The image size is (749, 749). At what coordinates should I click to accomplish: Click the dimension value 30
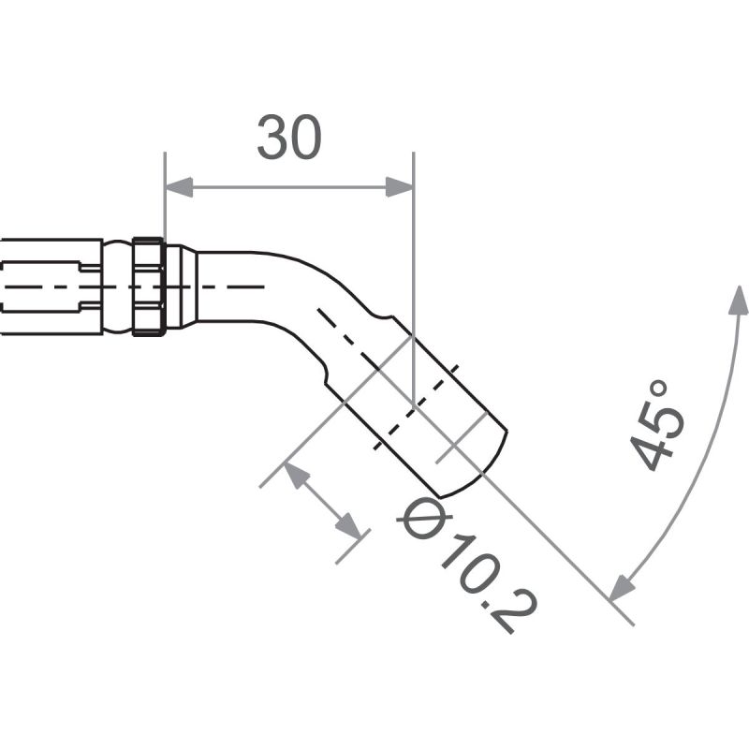click(289, 139)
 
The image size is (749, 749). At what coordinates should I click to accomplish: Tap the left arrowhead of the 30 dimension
click(179, 187)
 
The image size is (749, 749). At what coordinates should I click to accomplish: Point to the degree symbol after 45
click(658, 389)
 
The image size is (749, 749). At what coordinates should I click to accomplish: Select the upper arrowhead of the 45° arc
click(739, 301)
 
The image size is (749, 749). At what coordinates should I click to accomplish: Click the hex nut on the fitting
click(149, 286)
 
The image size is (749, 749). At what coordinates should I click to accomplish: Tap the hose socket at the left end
click(51, 286)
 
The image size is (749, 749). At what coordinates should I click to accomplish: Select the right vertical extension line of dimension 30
click(413, 281)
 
